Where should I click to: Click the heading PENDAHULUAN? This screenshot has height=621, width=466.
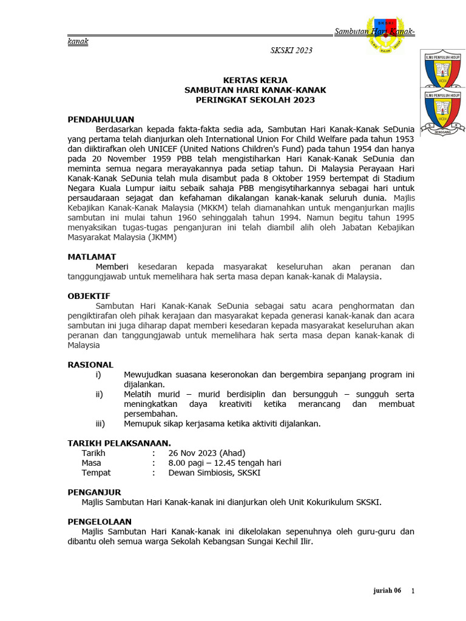pos(101,119)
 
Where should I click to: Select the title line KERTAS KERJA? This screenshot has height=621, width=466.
pos(255,80)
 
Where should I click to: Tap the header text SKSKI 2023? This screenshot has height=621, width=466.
pos(291,50)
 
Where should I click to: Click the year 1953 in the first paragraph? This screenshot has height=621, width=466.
pos(402,139)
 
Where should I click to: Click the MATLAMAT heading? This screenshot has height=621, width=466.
pos(92,257)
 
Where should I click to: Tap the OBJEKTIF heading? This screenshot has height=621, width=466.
pos(89,296)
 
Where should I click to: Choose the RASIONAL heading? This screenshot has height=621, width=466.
pos(90,364)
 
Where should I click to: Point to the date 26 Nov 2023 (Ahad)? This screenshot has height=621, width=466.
pos(207,453)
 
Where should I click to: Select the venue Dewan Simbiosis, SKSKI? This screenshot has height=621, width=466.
pos(214,472)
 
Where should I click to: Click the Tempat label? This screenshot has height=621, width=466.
pos(96,472)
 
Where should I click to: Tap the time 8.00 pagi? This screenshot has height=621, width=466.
pos(189,463)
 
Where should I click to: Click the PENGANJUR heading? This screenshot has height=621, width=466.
pos(94,492)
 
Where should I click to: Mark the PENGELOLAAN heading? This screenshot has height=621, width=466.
pos(100,522)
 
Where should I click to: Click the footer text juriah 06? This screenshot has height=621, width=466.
pos(387,591)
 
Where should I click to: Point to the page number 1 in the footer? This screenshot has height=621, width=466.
pos(413,591)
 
